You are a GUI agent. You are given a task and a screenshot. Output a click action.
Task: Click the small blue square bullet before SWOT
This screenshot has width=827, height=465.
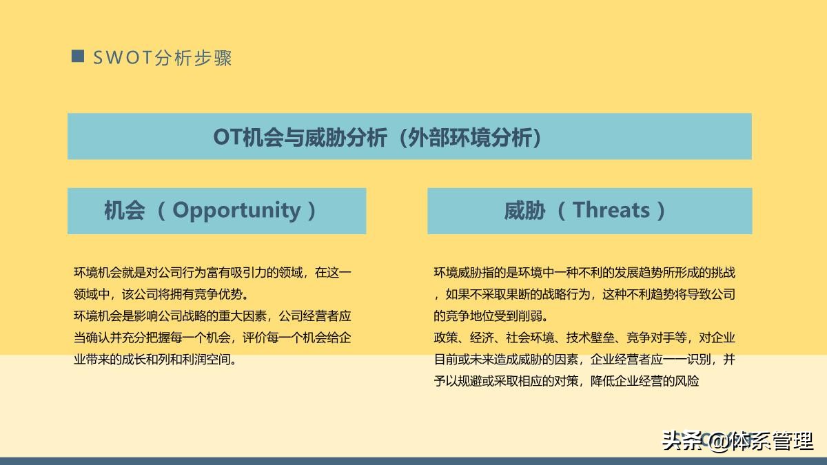click(x=78, y=56)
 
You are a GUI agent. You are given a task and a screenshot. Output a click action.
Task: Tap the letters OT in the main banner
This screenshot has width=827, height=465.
click(x=225, y=137)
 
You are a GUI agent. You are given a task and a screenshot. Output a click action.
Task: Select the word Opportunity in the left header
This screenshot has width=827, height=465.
click(x=236, y=210)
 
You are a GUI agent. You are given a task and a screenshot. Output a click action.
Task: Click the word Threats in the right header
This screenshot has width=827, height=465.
click(x=611, y=210)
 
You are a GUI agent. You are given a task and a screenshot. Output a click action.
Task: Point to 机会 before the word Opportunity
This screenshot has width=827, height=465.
click(x=124, y=210)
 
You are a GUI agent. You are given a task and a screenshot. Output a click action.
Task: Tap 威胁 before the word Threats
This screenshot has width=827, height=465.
click(x=524, y=210)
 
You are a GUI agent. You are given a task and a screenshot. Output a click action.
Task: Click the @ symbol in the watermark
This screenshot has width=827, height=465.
click(x=718, y=440)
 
